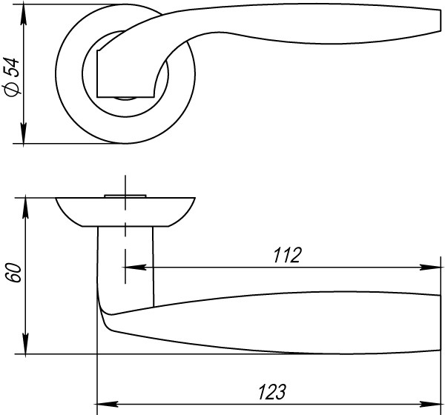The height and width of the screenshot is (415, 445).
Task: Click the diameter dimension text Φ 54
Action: click(12, 76)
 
